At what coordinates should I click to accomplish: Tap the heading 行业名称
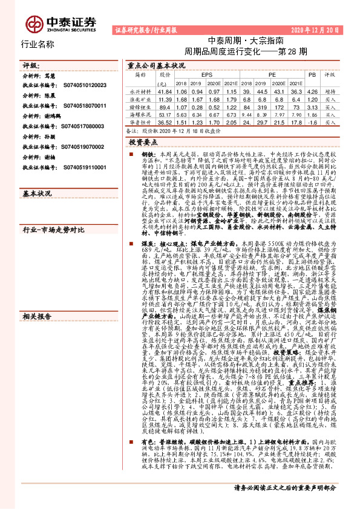(x=38, y=45)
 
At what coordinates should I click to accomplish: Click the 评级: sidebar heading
(x=31, y=64)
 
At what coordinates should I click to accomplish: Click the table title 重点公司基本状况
(x=157, y=65)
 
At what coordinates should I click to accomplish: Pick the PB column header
(x=312, y=75)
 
